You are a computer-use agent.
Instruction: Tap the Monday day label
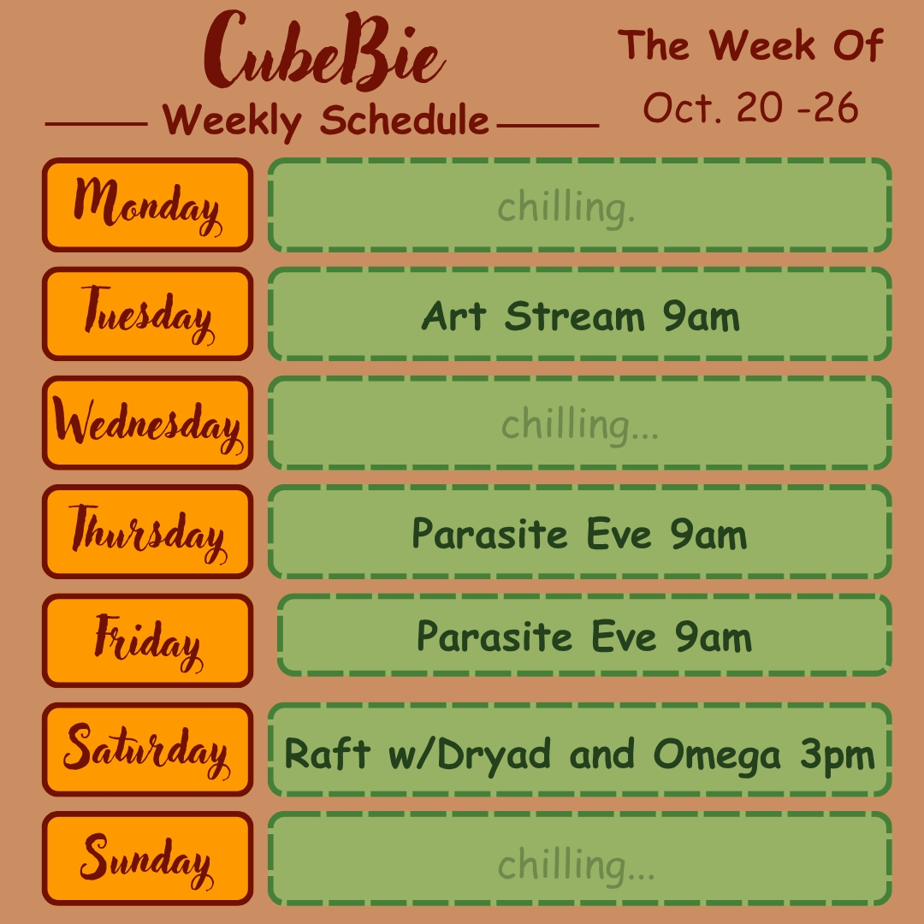[147, 204]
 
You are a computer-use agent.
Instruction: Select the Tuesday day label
[147, 313]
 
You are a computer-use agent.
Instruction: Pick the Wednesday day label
[147, 423]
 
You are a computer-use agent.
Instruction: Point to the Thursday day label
[147, 531]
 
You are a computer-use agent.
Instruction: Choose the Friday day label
[147, 641]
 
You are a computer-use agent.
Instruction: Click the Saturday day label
[147, 749]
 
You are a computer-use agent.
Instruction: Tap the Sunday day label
[147, 859]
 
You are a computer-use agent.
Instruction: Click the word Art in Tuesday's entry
[453, 317]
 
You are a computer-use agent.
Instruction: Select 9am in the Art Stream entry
[702, 317]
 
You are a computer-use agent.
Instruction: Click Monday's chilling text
[566, 207]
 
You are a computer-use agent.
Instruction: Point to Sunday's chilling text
[577, 865]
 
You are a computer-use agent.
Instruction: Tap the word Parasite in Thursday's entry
[489, 534]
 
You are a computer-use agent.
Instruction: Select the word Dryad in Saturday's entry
[494, 755]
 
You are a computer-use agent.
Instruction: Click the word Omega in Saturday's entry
[717, 755]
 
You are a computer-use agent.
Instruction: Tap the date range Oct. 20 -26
[751, 108]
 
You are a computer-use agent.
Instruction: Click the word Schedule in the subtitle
[405, 120]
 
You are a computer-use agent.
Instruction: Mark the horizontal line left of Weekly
[96, 124]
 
